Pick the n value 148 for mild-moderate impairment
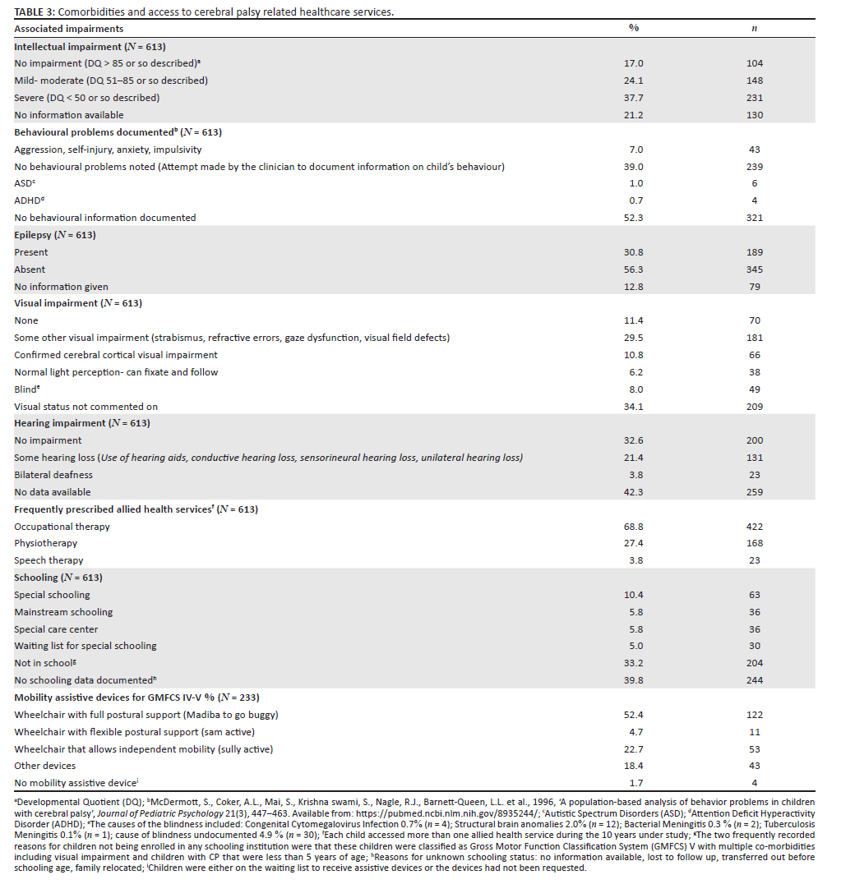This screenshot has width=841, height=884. click(x=755, y=81)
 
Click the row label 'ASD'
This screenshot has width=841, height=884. click(x=25, y=183)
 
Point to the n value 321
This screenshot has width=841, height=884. click(x=755, y=218)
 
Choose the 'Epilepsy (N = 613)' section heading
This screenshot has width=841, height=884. click(x=55, y=235)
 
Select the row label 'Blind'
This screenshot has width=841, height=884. click(x=26, y=389)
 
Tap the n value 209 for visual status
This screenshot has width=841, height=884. click(x=755, y=407)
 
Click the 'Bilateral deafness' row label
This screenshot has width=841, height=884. click(x=53, y=475)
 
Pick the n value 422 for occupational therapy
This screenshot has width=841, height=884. click(x=755, y=527)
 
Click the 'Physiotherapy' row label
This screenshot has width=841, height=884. click(x=45, y=543)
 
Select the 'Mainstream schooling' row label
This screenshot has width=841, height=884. click(x=63, y=612)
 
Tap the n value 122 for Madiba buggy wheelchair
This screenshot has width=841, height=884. click(x=755, y=715)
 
